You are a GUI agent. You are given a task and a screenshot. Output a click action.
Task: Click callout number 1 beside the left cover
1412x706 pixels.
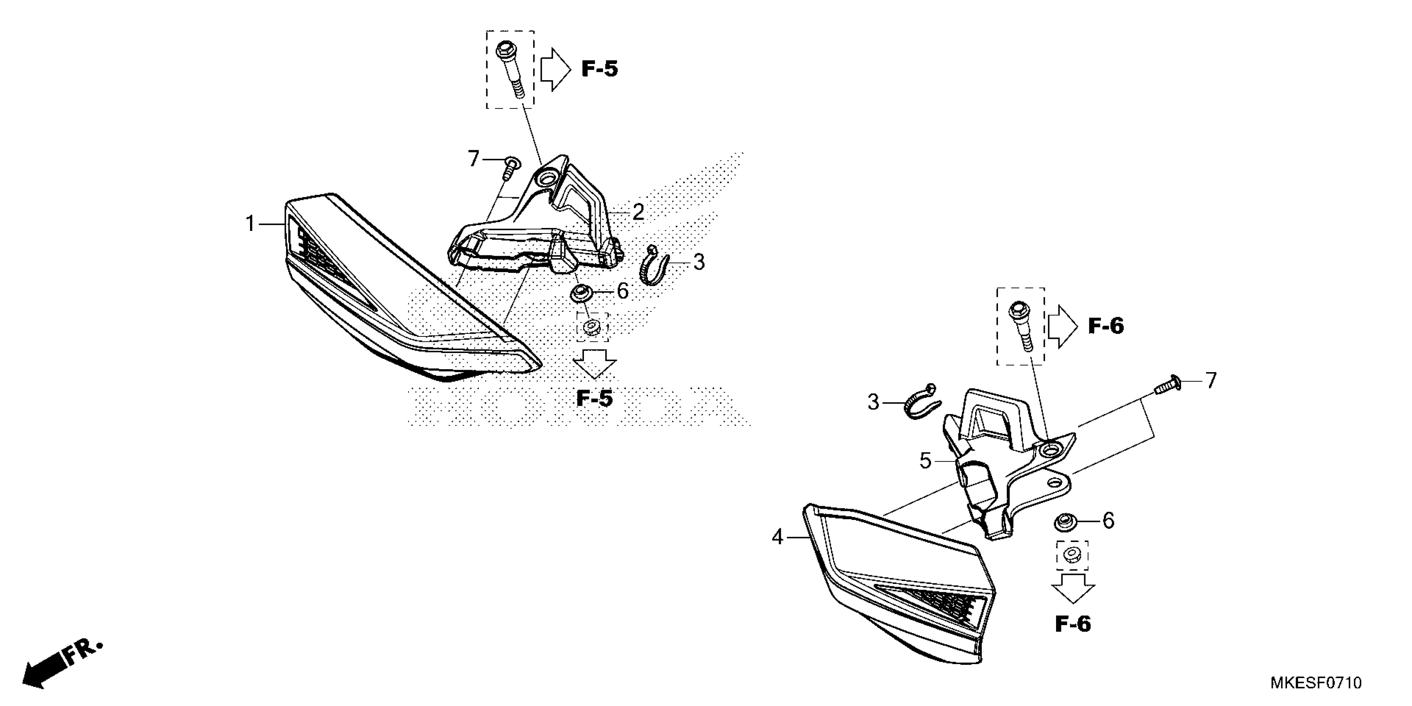(250, 224)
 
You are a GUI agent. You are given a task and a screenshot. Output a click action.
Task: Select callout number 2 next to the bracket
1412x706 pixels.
(637, 212)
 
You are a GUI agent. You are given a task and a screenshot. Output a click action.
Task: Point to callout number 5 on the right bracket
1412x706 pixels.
(925, 461)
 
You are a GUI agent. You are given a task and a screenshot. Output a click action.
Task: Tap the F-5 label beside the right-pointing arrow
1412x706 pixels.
(599, 69)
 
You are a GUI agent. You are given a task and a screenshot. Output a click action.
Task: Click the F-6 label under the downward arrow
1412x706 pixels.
(1073, 624)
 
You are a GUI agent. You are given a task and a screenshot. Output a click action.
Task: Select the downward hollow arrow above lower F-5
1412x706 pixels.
(594, 363)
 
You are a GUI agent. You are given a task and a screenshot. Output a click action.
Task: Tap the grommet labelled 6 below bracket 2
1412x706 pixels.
(581, 293)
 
